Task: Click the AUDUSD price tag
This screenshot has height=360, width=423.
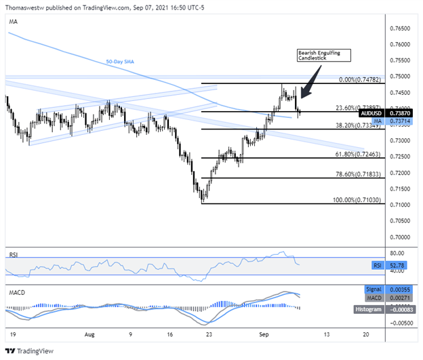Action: pos(371,113)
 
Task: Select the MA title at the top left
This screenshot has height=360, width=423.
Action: pos(13,22)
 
